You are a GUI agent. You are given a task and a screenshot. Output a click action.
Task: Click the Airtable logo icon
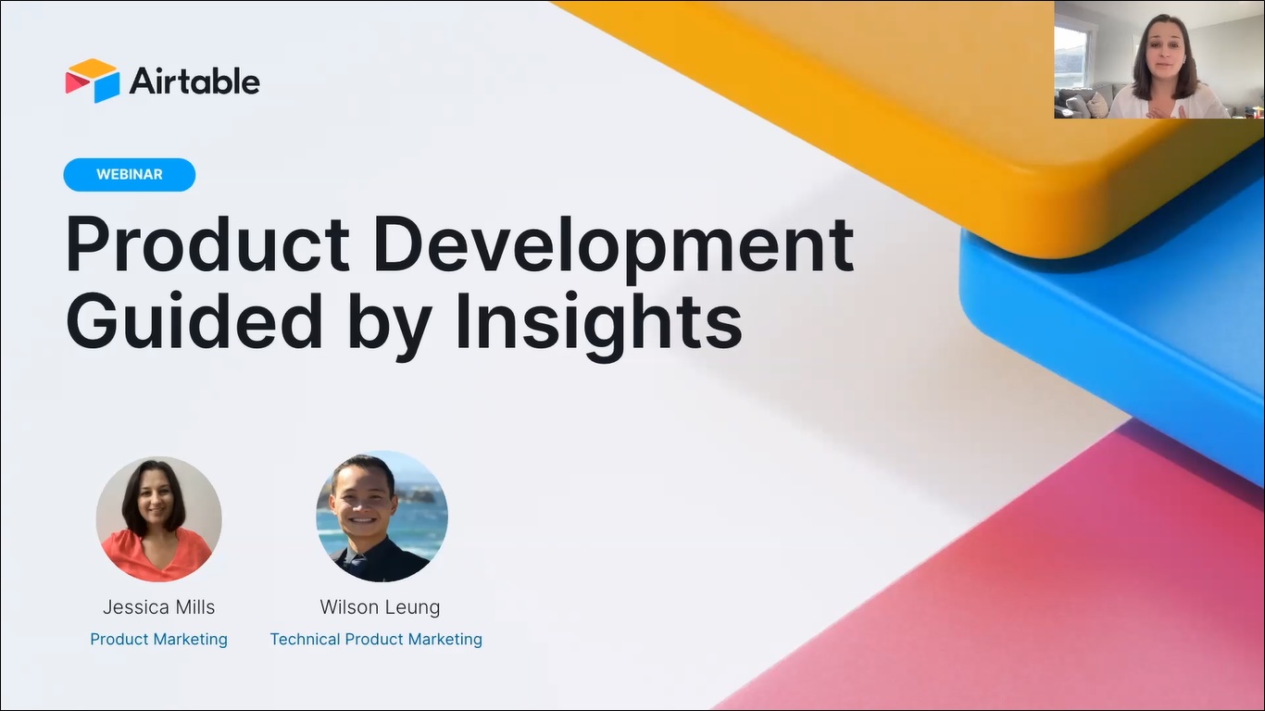click(x=93, y=81)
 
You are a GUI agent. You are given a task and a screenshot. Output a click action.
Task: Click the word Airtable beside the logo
click(x=194, y=81)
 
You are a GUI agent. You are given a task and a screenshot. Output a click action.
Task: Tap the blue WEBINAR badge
click(x=130, y=175)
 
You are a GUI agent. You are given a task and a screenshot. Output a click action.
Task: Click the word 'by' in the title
click(x=390, y=324)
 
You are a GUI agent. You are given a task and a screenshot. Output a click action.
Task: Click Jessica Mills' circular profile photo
click(x=158, y=518)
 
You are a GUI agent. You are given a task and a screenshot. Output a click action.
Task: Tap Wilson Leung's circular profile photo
click(x=382, y=517)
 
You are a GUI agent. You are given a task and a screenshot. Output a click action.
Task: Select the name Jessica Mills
click(x=158, y=607)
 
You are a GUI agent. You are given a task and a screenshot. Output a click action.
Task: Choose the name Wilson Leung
click(x=380, y=607)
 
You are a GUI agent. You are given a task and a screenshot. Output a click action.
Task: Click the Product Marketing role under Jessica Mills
click(x=158, y=639)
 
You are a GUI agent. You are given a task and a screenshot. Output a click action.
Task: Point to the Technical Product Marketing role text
click(x=376, y=639)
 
